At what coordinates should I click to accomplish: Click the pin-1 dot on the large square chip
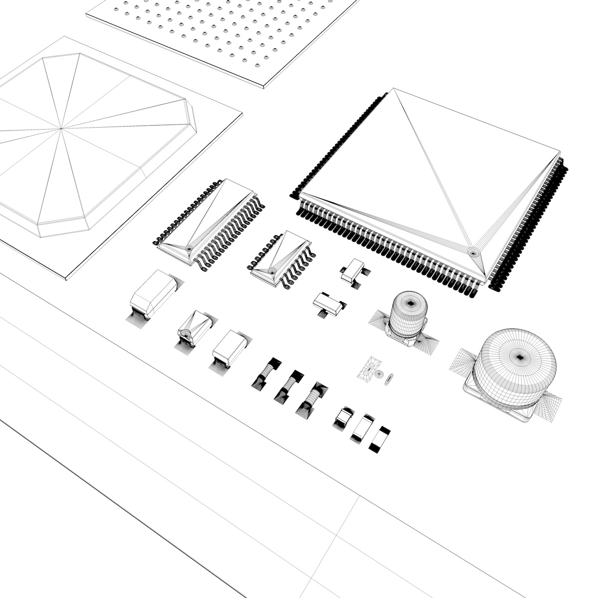point(472,252)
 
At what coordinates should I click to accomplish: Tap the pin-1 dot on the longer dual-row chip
point(189,248)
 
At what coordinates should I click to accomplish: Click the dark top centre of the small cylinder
point(411,301)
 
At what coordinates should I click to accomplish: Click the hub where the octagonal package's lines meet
point(62,129)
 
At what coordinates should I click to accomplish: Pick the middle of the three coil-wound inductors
point(288,385)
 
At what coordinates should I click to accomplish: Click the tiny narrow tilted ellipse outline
point(390,379)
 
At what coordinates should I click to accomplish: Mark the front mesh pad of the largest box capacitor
point(137,318)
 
